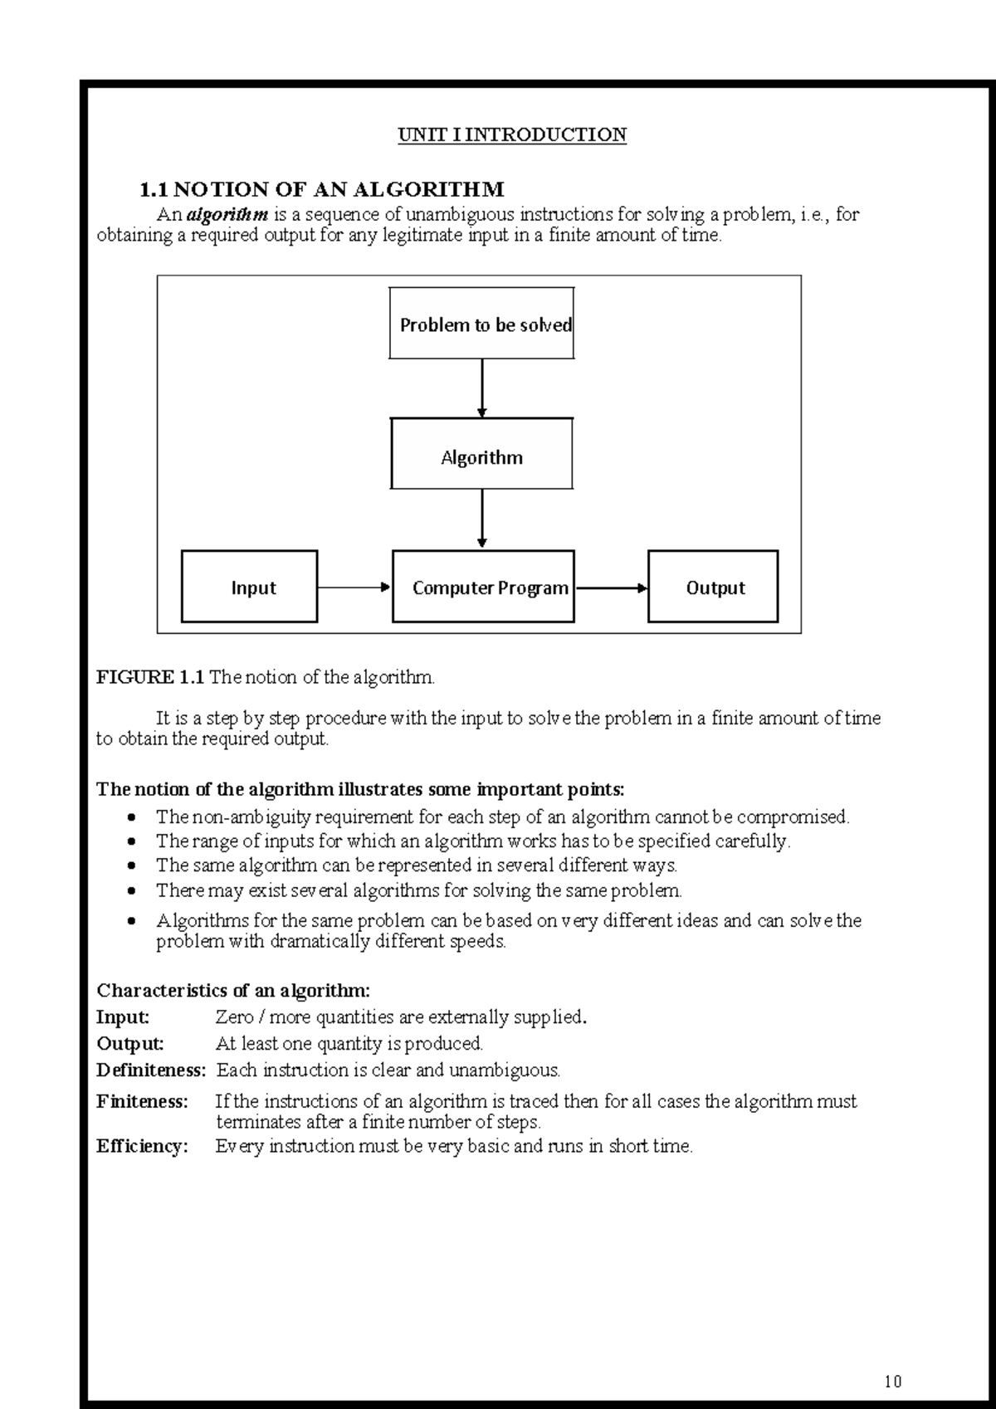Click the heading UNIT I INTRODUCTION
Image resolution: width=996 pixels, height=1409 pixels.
[512, 134]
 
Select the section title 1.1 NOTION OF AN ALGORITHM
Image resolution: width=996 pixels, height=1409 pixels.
[321, 190]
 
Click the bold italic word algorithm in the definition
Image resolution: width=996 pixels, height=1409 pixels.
[227, 215]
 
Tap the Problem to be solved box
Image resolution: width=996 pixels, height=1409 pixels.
[481, 324]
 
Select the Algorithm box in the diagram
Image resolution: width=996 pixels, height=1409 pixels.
[481, 454]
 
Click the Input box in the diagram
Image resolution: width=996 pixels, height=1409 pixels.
[249, 587]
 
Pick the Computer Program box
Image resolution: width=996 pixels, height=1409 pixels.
[483, 587]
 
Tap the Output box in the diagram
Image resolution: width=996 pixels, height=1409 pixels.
[713, 587]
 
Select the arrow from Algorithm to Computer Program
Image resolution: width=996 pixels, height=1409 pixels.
[482, 519]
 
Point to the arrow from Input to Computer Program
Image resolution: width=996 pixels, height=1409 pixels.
[354, 587]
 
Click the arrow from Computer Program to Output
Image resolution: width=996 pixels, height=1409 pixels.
[611, 587]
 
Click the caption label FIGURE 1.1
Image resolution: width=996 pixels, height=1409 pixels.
[149, 677]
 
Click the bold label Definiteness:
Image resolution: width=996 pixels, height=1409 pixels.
[151, 1070]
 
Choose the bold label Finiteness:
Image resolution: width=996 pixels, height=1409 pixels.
[142, 1102]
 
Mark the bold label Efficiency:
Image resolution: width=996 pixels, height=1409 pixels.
[142, 1146]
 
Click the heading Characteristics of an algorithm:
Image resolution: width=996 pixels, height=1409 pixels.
[233, 990]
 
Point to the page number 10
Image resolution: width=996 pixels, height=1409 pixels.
[892, 1382]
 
